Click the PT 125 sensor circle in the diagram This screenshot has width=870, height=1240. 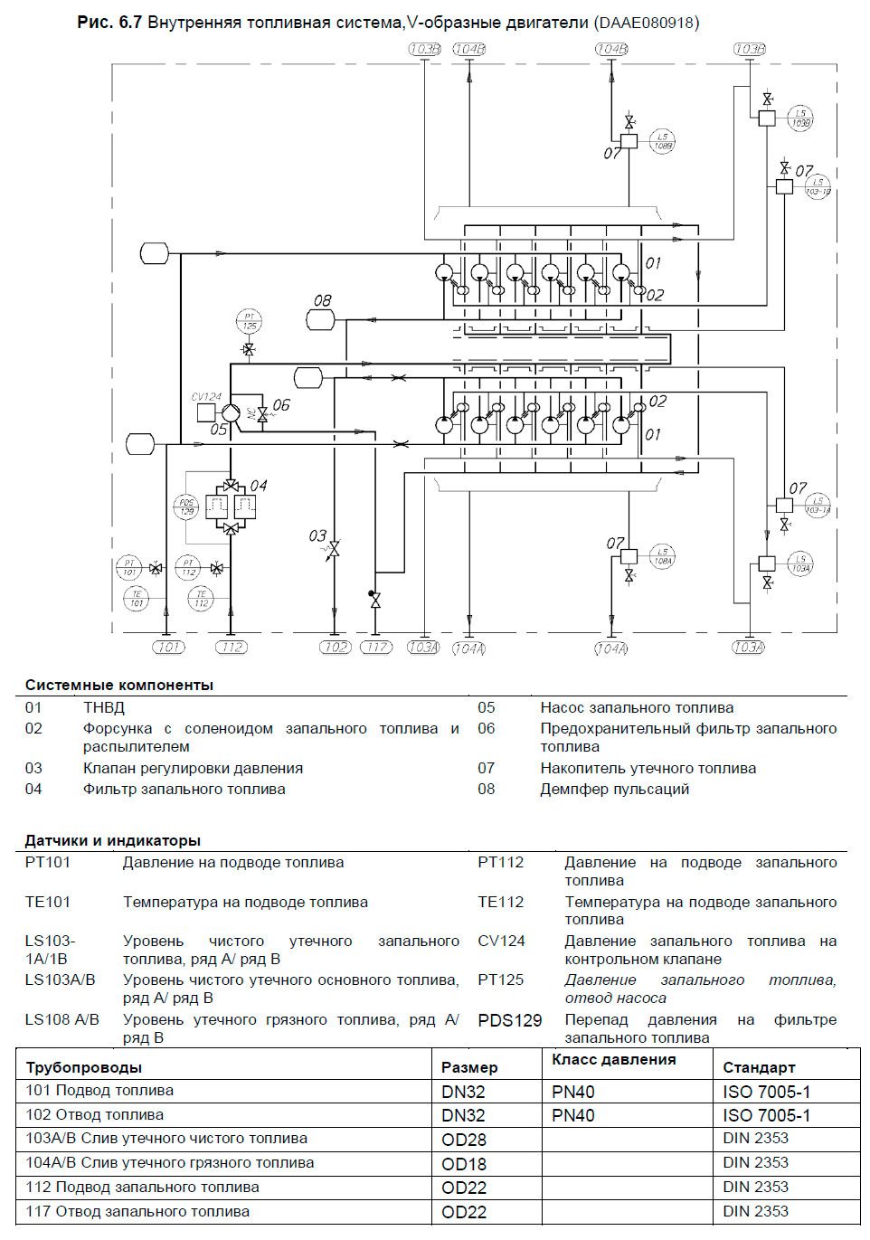[x=249, y=321]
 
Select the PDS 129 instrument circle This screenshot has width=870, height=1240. [x=186, y=506]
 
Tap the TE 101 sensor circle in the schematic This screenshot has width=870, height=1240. [x=136, y=598]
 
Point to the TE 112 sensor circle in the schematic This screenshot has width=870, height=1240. [x=201, y=598]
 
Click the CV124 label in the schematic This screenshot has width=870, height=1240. [x=206, y=396]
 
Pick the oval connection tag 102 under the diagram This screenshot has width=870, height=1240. [x=335, y=647]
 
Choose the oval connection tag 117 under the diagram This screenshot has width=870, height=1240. [x=376, y=647]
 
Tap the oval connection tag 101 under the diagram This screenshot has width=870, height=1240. [x=168, y=647]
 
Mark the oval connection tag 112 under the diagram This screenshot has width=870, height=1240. [x=232, y=647]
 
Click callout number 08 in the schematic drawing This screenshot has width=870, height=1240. [x=323, y=300]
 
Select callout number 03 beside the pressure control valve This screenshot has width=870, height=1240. [x=317, y=535]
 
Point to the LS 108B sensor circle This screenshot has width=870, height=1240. [x=663, y=141]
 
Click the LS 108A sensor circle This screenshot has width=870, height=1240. [x=663, y=556]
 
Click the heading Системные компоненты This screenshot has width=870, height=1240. [x=119, y=685]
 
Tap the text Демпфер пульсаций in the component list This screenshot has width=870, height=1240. [x=614, y=789]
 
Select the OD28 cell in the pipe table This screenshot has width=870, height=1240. [x=464, y=1140]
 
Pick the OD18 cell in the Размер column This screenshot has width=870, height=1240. [x=464, y=1164]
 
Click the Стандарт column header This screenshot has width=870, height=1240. [x=759, y=1067]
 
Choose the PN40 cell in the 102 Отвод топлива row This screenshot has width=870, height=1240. [x=573, y=1115]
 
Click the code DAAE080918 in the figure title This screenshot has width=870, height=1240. [x=646, y=23]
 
